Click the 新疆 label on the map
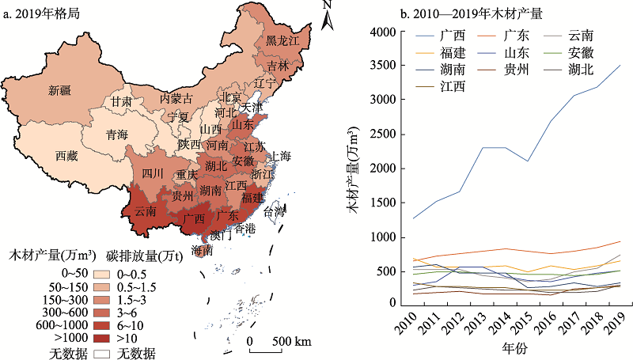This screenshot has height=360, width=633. tap(59, 90)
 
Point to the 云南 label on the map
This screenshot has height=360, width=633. tap(145, 211)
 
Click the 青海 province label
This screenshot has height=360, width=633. tap(117, 135)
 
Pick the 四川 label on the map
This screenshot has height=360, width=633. tap(152, 173)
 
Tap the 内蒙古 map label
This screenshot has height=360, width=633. tap(176, 99)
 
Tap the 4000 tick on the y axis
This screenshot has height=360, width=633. tap(383, 32)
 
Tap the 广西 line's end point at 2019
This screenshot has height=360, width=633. tap(621, 66)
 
